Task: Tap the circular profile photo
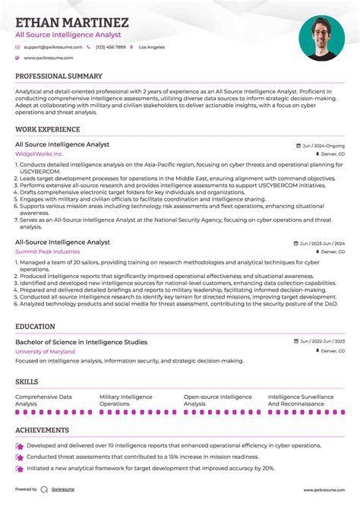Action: tap(321, 38)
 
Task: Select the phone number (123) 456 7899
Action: tap(110, 47)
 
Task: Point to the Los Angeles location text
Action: tap(151, 47)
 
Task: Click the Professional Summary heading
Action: tap(58, 76)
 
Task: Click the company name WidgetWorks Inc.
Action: tap(39, 153)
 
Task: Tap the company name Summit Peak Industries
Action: tap(47, 251)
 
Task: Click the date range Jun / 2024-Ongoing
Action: tap(323, 145)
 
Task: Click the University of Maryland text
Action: tap(45, 352)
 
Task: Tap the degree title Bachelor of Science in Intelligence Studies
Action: tap(81, 342)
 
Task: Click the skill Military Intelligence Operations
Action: tap(126, 400)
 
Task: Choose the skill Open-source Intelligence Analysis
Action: tap(217, 400)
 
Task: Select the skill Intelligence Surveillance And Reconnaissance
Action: tap(301, 400)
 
